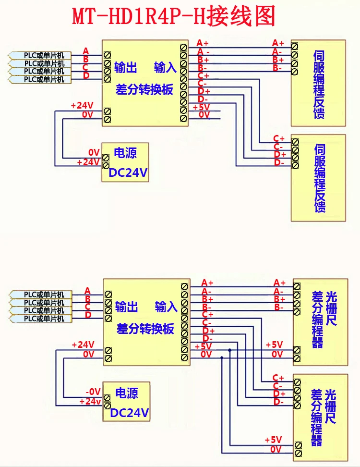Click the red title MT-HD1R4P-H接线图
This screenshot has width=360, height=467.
(174, 17)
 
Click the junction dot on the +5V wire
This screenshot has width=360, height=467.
(229, 350)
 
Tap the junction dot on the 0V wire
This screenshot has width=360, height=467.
(222, 357)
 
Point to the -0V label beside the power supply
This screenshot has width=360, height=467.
(93, 392)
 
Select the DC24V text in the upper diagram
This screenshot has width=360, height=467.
(128, 172)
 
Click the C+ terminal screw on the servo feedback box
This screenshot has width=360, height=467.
(295, 142)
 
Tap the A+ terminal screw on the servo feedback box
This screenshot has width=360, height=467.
(295, 46)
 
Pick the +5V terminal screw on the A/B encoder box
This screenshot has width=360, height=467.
(297, 350)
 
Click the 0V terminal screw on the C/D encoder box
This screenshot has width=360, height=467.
(298, 453)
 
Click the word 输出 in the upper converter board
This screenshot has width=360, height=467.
(126, 68)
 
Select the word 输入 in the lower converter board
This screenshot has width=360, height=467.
(166, 307)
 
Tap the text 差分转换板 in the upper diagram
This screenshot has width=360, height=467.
(144, 89)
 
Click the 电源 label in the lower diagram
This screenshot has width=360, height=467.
(127, 393)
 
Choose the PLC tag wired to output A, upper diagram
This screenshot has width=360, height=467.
(40, 55)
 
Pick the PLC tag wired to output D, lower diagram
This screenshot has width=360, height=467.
(41, 319)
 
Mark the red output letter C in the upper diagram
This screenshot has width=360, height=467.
(85, 68)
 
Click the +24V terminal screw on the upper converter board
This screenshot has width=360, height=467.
(107, 111)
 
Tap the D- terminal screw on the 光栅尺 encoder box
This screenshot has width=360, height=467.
(297, 406)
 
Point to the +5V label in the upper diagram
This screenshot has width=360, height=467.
(202, 107)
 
